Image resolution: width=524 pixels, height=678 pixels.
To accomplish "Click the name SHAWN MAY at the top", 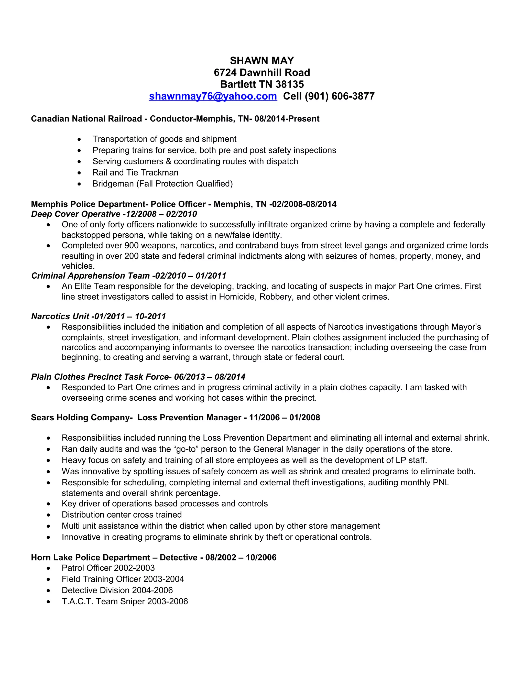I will [x=262, y=61].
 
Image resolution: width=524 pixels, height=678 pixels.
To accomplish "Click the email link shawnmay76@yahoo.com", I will [x=213, y=96].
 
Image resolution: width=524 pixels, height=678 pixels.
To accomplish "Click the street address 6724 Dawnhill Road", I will [x=262, y=73].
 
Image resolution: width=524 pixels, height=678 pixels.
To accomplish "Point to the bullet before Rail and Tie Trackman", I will [x=80, y=173].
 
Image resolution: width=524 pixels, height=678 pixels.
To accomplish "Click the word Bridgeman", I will [x=113, y=184].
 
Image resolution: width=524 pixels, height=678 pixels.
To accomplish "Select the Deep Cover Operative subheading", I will [x=114, y=214].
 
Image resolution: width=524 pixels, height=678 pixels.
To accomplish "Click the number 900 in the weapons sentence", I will [x=132, y=246].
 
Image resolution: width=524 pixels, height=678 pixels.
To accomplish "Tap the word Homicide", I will [x=237, y=297].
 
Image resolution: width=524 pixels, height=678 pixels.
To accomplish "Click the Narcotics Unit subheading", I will [x=98, y=316].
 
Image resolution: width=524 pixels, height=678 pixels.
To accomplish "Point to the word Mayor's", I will [x=466, y=327].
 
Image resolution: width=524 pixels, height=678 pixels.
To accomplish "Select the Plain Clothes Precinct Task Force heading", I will [x=138, y=377].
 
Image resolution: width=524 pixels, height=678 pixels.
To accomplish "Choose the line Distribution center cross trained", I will [x=122, y=515].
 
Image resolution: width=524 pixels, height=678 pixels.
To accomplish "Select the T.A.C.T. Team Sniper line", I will [x=125, y=602].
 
